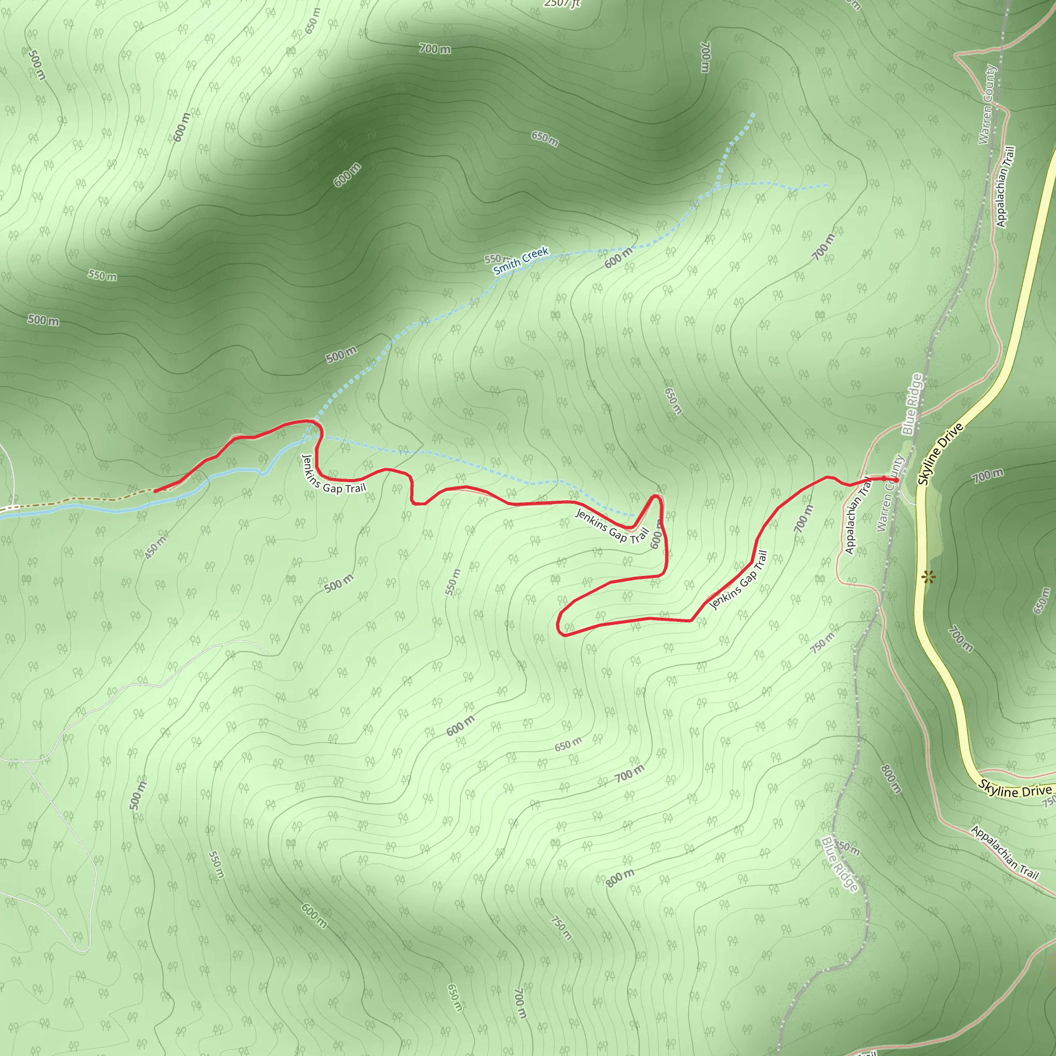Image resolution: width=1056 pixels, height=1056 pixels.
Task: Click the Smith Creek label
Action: [520, 261]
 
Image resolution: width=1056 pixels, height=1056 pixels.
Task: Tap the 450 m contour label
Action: [156, 547]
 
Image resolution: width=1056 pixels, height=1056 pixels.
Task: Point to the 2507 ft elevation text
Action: [562, 4]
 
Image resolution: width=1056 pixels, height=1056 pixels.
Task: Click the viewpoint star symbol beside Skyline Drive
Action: [927, 576]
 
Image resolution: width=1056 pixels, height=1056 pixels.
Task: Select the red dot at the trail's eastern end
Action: [896, 480]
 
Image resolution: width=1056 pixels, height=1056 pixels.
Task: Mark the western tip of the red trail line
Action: [156, 491]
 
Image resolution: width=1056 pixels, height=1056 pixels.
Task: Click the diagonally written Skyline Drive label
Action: [940, 454]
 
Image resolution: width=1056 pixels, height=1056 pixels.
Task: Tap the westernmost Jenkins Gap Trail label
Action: [333, 475]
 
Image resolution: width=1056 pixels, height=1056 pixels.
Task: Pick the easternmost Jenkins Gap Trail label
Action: [739, 580]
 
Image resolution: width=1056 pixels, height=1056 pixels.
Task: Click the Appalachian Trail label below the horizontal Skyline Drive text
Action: [1004, 853]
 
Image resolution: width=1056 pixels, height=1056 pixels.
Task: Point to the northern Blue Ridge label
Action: [912, 404]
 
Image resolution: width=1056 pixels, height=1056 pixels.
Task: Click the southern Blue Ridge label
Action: [840, 864]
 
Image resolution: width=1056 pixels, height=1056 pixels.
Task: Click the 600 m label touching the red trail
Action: [657, 535]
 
